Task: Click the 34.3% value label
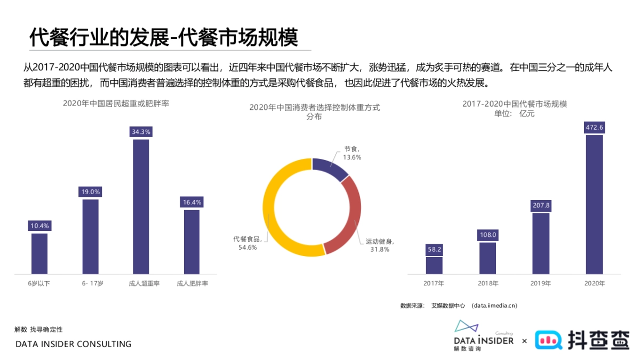click(x=141, y=132)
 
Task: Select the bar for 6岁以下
click(x=39, y=253)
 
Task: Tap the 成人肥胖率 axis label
click(x=193, y=284)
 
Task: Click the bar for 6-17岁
click(x=91, y=236)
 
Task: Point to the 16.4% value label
click(x=192, y=202)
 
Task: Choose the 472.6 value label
click(x=594, y=127)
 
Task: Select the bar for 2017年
click(x=434, y=265)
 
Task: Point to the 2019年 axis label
click(x=541, y=284)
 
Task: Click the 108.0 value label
click(x=487, y=235)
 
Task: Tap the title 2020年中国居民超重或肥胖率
click(x=116, y=103)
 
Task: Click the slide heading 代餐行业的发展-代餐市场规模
click(x=163, y=38)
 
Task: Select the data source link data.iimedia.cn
click(x=494, y=306)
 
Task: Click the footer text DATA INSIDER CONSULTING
click(x=73, y=345)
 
